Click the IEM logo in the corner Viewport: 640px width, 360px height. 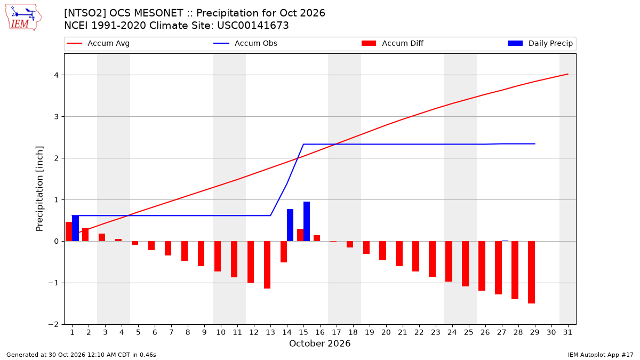pyautogui.click(x=23, y=18)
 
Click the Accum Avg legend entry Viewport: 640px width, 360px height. pyautogui.click(x=98, y=43)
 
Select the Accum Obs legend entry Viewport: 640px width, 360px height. pyautogui.click(x=245, y=43)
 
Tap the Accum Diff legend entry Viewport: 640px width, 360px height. pyautogui.click(x=393, y=43)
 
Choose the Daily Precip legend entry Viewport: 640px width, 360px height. pyautogui.click(x=540, y=43)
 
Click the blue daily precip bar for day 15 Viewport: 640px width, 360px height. pyautogui.click(x=307, y=221)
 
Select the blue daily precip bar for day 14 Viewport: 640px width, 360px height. pyautogui.click(x=290, y=225)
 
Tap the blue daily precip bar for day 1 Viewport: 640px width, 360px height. pyautogui.click(x=75, y=228)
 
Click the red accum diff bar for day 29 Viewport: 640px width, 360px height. pyautogui.click(x=531, y=273)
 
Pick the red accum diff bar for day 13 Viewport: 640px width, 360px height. pyautogui.click(x=267, y=265)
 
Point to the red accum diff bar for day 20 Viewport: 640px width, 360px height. pyautogui.click(x=383, y=251)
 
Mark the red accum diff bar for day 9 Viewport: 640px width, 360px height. pyautogui.click(x=201, y=254)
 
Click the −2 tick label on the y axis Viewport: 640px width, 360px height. pyautogui.click(x=53, y=325)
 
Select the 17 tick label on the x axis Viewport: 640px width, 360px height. pyautogui.click(x=337, y=332)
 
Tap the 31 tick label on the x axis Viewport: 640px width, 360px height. pyautogui.click(x=567, y=332)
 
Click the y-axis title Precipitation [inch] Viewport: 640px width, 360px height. pyautogui.click(x=39, y=189)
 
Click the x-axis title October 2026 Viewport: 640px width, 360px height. pyautogui.click(x=319, y=343)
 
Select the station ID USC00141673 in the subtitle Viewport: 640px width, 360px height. pyautogui.click(x=253, y=26)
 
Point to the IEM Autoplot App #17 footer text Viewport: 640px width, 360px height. pyautogui.click(x=601, y=355)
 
